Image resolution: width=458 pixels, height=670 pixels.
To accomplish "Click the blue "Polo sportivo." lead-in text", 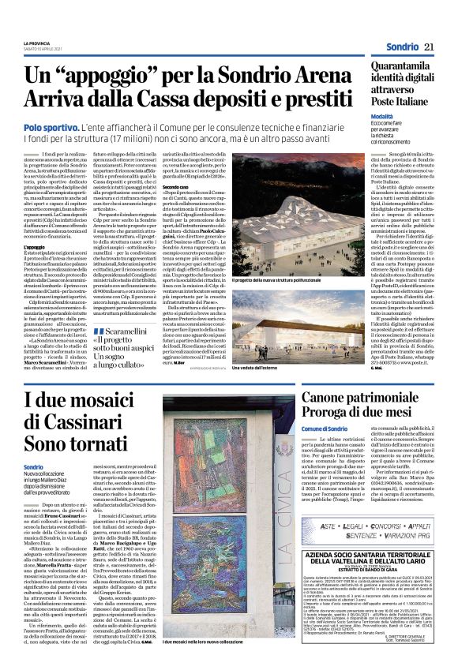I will pyautogui.click(x=50, y=126).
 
